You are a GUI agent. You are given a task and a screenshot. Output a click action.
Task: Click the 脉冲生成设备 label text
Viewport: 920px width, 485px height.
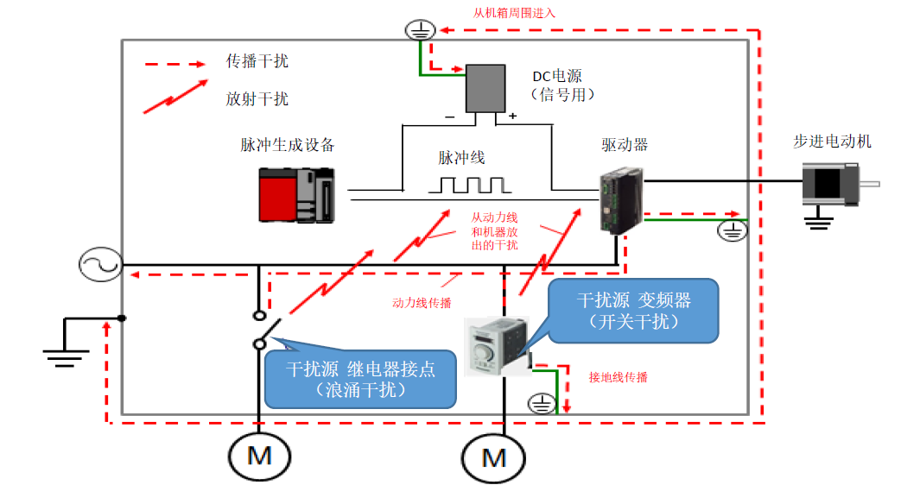tap(287, 146)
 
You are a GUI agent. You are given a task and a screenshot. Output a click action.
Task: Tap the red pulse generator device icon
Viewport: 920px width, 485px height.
tap(297, 195)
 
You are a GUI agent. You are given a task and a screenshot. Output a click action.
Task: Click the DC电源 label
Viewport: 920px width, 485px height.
tap(557, 76)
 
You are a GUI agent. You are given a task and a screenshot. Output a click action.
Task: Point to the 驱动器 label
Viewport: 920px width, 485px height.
tap(625, 145)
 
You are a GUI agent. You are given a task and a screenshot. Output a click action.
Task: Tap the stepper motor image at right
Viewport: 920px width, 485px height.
tap(830, 182)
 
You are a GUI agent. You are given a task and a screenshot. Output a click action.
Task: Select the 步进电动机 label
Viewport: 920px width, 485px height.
tap(832, 142)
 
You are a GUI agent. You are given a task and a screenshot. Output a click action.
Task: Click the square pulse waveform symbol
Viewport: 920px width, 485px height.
tap(472, 185)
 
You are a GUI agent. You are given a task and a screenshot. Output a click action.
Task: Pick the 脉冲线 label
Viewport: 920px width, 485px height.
tap(461, 158)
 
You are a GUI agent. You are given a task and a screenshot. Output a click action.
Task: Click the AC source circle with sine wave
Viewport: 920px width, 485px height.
tap(99, 265)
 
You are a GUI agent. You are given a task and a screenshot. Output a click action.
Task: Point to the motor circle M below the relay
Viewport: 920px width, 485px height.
tap(258, 455)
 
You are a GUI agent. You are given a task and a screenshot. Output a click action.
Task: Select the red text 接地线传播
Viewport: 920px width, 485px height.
tap(619, 378)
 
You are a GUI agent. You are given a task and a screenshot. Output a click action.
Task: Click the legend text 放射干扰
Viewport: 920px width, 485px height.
tap(257, 99)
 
